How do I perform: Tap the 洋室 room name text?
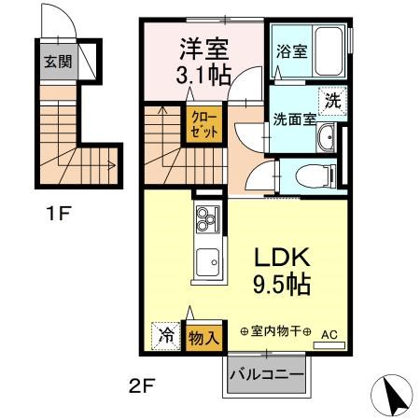(202, 46)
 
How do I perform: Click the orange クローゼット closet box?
(206, 124)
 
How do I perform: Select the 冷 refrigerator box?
(165, 337)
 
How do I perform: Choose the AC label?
(329, 333)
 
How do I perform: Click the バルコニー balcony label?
(266, 375)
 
